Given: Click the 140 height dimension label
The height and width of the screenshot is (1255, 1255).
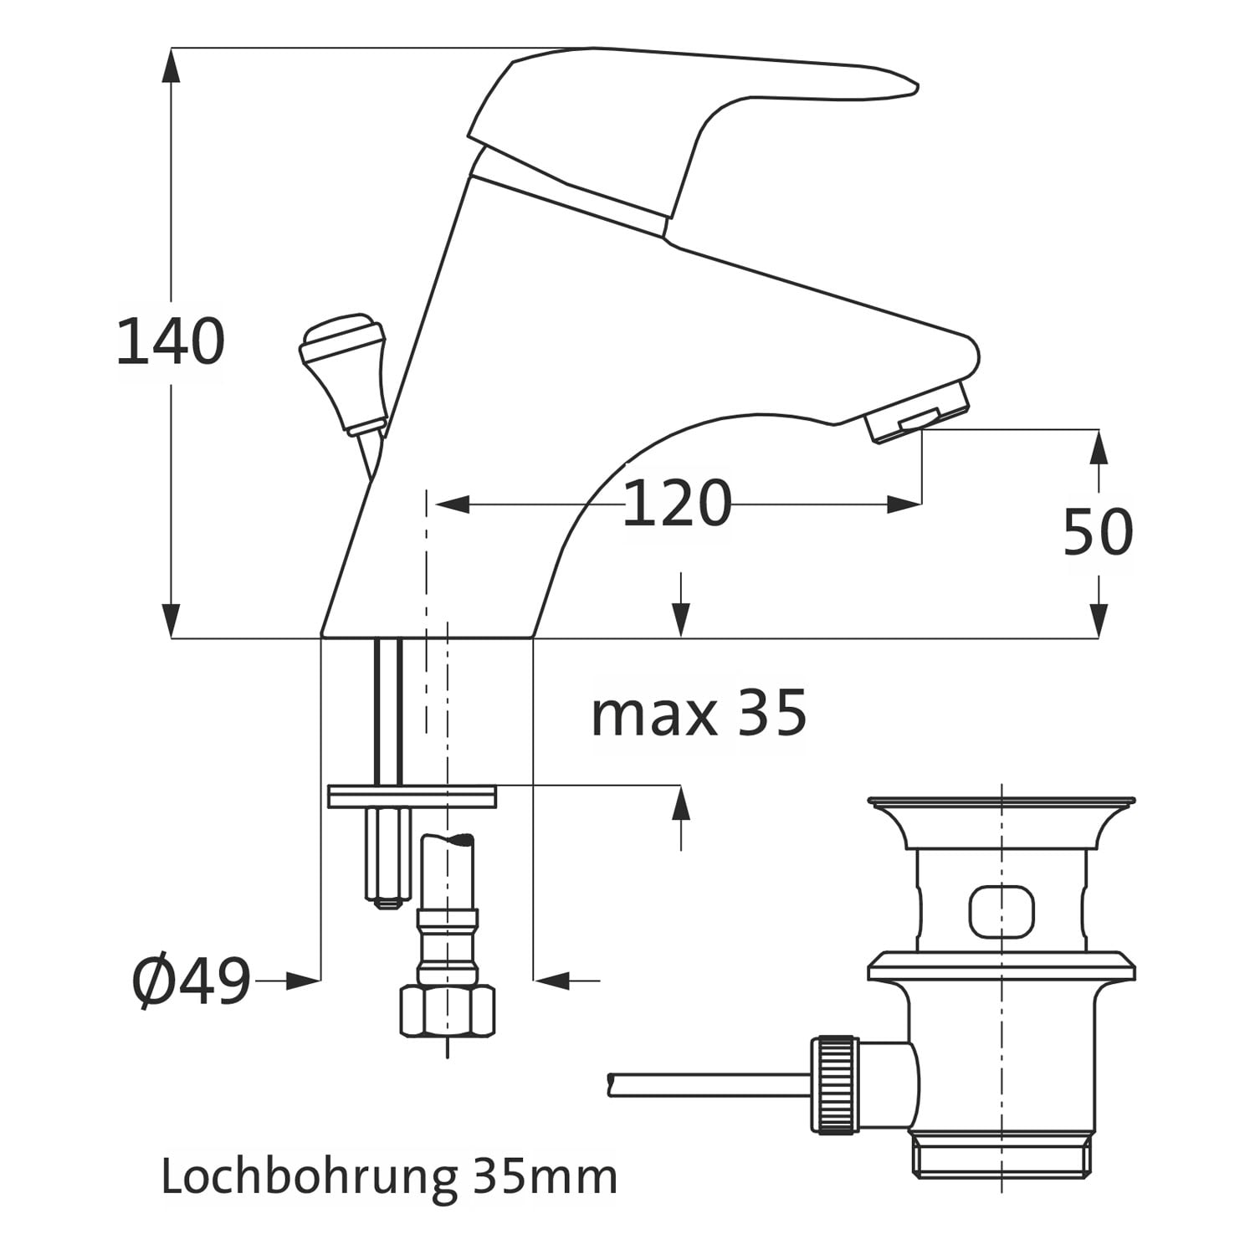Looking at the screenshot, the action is [170, 341].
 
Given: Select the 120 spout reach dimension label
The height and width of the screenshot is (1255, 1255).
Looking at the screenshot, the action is [677, 504].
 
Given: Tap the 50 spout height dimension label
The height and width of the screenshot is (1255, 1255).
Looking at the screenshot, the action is [1098, 531].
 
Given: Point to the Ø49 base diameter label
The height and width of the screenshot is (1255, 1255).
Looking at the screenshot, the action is [192, 981].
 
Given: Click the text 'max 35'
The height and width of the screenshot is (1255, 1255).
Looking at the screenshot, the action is [699, 713].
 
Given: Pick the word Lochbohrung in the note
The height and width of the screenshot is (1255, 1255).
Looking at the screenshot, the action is [309, 1178].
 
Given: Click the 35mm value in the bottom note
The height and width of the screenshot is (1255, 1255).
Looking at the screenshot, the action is [545, 1176].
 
